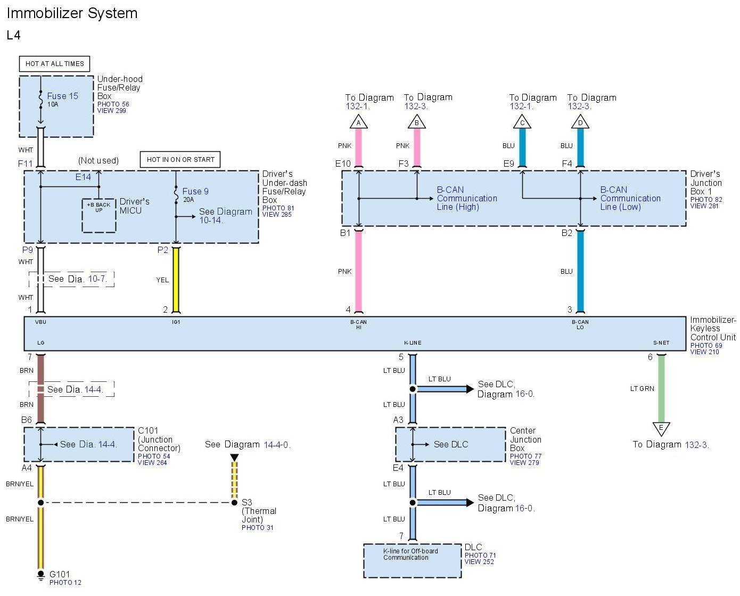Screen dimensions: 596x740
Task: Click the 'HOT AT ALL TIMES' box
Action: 55,64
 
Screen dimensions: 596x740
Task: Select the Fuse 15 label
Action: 62,96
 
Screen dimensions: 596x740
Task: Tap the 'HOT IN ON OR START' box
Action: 180,159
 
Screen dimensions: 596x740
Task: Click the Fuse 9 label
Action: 195,191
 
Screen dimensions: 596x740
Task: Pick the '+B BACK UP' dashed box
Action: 99,216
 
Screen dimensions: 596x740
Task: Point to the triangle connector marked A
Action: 359,123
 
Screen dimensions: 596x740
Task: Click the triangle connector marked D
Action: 580,123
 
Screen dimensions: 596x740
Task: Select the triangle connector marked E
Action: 661,428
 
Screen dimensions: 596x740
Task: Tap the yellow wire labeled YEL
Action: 176,280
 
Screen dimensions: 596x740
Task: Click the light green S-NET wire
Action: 661,388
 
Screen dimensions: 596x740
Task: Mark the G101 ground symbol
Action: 41,575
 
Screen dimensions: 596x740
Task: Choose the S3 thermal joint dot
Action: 234,502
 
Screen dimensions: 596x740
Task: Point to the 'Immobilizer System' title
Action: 72,13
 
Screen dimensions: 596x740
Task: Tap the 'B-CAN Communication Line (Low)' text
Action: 630,198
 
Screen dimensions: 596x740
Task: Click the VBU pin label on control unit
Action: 40,322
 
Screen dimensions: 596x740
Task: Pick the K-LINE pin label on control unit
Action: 413,343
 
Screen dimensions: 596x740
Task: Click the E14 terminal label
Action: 83,177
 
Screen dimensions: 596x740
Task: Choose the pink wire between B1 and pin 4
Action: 359,271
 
